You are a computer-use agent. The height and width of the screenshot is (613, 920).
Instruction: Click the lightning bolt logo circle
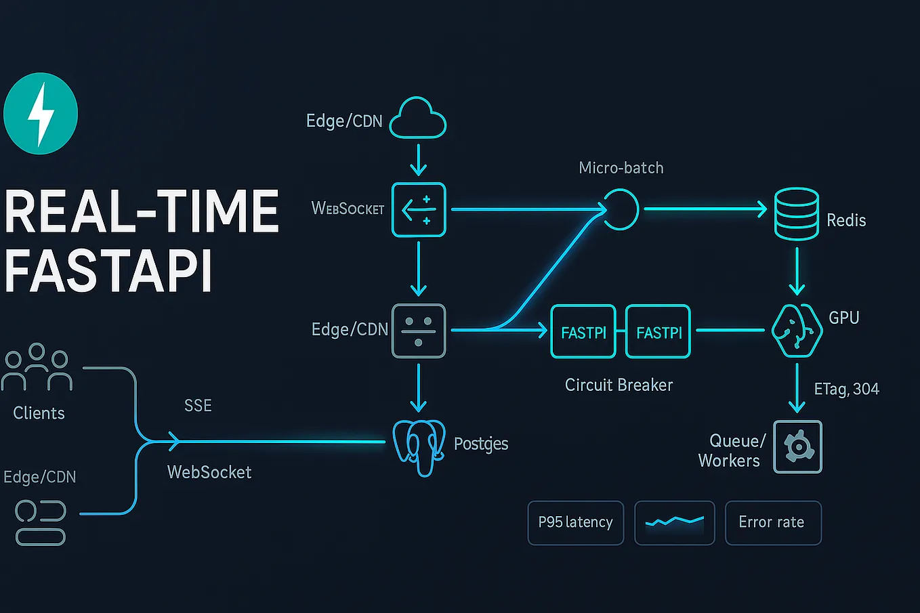(x=41, y=114)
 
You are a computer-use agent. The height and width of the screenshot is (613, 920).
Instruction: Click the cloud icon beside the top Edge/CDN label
(x=418, y=120)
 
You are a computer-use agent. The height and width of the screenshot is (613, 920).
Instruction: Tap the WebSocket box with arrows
(x=419, y=209)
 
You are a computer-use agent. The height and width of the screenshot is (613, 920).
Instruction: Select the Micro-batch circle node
(x=621, y=209)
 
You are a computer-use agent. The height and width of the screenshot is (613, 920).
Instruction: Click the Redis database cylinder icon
(x=797, y=214)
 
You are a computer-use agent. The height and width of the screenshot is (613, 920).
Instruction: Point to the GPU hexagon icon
(x=797, y=331)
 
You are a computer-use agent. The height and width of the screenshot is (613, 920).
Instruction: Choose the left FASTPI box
(x=583, y=331)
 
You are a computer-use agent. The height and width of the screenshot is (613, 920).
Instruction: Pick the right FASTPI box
(x=658, y=331)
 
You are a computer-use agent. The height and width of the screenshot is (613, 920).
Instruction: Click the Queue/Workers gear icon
(x=797, y=447)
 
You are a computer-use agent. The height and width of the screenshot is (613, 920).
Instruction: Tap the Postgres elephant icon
(x=420, y=446)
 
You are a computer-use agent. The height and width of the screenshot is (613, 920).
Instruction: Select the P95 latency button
(x=575, y=522)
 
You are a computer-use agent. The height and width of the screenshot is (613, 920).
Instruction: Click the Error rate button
(x=772, y=522)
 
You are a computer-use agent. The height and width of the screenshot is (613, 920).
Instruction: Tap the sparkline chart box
(x=674, y=522)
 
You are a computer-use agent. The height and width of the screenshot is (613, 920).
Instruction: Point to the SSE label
(x=198, y=406)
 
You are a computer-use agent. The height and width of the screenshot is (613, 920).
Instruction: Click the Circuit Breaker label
(x=619, y=385)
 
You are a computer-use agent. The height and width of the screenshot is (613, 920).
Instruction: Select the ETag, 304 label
(x=846, y=389)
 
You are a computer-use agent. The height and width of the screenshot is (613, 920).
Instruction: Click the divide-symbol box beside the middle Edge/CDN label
(x=419, y=331)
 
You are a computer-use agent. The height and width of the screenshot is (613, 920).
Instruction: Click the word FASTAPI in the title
(x=108, y=271)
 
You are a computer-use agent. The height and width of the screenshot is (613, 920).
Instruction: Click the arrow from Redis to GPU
(x=797, y=271)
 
